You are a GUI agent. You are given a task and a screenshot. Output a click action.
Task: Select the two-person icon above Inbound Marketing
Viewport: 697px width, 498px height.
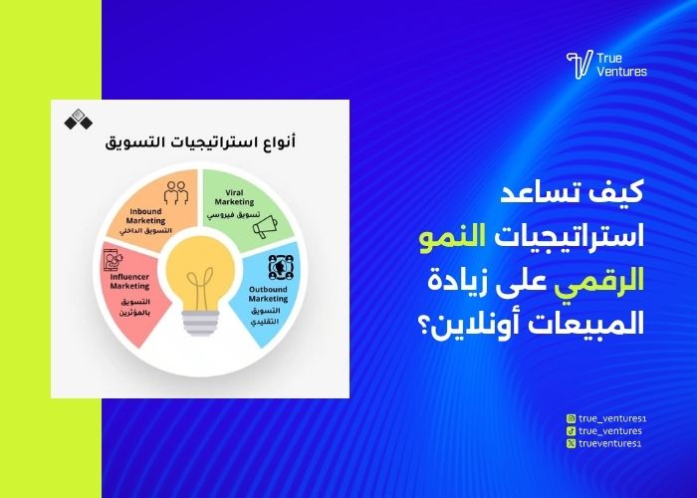coord(175,190)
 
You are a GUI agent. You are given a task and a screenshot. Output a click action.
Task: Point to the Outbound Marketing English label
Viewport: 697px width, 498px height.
coord(267,293)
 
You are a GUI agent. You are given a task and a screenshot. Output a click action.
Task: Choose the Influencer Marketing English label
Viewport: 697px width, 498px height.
coord(129,281)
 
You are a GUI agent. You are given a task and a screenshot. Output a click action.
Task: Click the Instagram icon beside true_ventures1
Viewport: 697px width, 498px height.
coord(571,419)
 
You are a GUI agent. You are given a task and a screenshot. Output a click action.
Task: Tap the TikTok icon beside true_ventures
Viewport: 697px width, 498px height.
coord(571,430)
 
